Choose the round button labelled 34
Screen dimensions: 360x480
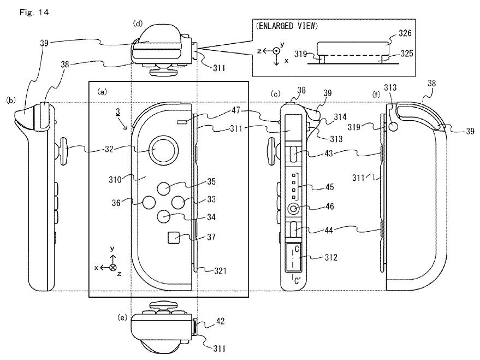[x=165, y=216]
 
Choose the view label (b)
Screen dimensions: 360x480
[x=10, y=101]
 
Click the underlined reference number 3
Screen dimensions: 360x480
[x=117, y=111]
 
